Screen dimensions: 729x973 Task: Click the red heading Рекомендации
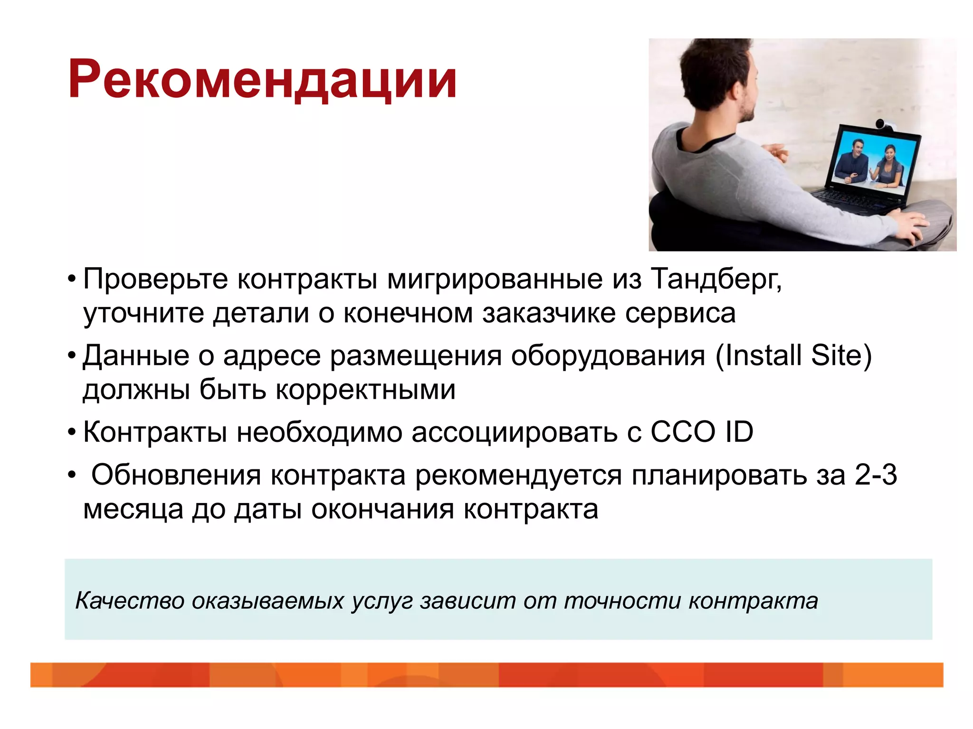tap(262, 80)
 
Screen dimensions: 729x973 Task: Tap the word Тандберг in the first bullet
tap(715, 279)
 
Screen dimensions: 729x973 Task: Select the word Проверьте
tap(155, 279)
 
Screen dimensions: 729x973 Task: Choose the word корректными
tap(365, 390)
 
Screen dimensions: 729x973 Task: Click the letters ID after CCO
tap(739, 432)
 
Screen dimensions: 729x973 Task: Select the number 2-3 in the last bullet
tap(876, 475)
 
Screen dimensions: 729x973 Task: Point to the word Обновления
tap(176, 475)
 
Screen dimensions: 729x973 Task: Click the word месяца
tap(133, 510)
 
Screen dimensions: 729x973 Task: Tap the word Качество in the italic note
tap(129, 601)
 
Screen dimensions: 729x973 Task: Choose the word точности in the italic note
tap(622, 601)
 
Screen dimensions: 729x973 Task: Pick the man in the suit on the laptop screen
tap(853, 161)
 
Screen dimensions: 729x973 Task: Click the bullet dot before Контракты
tap(72, 432)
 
